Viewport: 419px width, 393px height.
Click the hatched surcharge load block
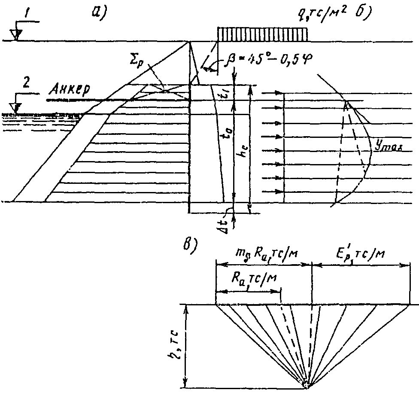(263, 34)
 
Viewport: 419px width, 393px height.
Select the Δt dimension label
(223, 215)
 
